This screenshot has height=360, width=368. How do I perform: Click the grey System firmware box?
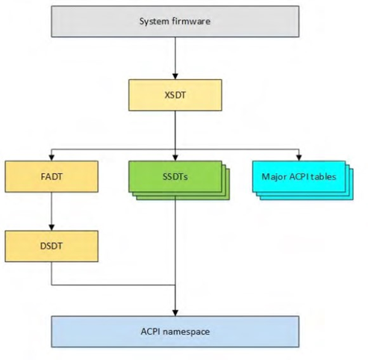[175, 21]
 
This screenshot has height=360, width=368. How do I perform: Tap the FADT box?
[51, 176]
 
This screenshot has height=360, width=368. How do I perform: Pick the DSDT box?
[51, 246]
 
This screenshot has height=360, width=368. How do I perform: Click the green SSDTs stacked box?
[175, 177]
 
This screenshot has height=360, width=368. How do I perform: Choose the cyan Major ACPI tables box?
[298, 177]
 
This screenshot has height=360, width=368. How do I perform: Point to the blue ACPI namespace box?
[175, 330]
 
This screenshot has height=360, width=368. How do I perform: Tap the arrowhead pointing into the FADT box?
[51, 157]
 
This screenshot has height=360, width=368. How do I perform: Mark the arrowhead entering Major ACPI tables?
[299, 157]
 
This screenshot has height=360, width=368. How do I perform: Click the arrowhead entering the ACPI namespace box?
[175, 311]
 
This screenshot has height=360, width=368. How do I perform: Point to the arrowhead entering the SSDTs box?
[175, 157]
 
